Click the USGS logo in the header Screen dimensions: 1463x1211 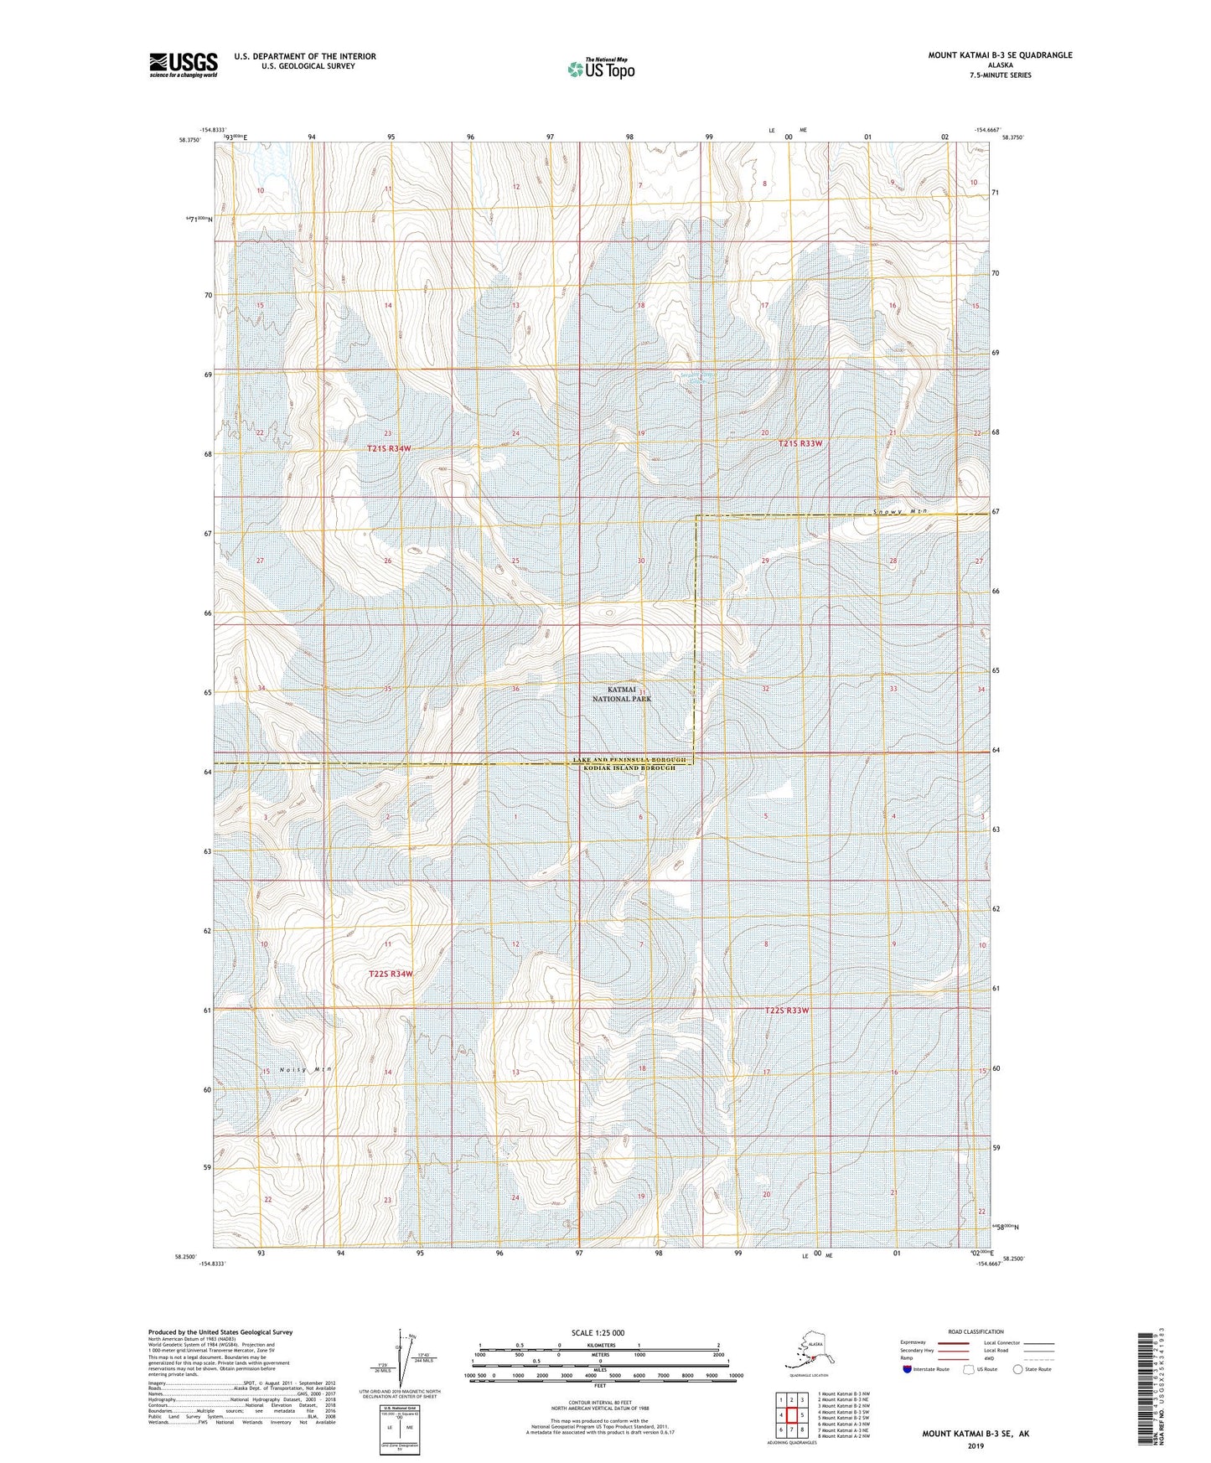183,65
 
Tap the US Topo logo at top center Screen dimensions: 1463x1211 600,69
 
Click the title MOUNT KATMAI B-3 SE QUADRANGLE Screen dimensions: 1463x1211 999,55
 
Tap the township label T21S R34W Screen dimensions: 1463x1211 389,449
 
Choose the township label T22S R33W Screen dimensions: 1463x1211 787,1011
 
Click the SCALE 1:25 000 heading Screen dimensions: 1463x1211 598,1332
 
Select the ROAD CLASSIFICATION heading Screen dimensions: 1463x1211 976,1331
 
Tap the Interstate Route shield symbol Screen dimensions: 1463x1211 908,1369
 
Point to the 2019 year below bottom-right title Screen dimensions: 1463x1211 976,1445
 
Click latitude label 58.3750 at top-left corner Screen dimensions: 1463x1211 189,141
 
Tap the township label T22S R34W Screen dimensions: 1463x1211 391,974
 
